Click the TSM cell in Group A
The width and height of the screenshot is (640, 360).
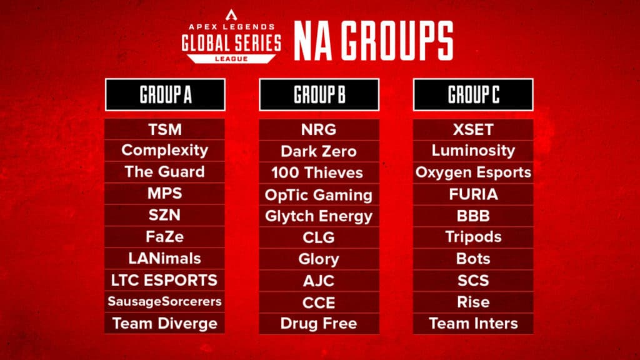[165, 129]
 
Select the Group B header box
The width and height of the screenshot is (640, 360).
[319, 95]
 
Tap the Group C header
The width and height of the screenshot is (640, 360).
[473, 95]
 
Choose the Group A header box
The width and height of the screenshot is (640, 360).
[165, 95]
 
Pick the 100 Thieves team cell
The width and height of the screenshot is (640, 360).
[319, 172]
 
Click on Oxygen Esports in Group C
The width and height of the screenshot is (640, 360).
[473, 172]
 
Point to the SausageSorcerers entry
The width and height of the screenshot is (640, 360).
[165, 302]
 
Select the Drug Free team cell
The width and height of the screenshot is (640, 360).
[319, 324]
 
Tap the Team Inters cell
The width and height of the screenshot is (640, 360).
[473, 324]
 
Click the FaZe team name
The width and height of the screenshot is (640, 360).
[165, 237]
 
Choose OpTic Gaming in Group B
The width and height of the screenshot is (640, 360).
[319, 194]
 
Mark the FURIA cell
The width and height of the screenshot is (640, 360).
[473, 194]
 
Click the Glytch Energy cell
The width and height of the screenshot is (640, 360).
[319, 216]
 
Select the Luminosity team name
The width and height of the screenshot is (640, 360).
[473, 151]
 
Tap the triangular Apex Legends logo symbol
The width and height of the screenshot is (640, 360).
[232, 13]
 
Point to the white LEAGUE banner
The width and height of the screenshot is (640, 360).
[232, 58]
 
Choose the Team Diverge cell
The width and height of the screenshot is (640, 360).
[165, 324]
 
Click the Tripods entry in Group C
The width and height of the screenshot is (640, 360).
[473, 237]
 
